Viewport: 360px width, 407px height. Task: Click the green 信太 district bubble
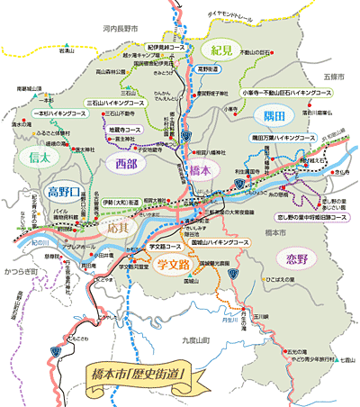pos(33,158)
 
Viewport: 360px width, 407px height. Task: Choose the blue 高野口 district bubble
pos(40,193)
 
